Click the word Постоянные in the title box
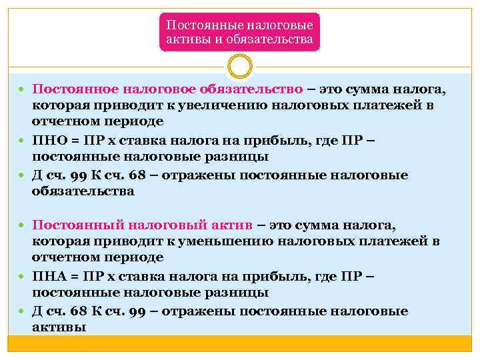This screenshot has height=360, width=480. (x=199, y=25)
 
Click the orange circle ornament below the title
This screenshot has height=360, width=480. (x=239, y=67)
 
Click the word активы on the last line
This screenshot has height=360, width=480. (x=59, y=327)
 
